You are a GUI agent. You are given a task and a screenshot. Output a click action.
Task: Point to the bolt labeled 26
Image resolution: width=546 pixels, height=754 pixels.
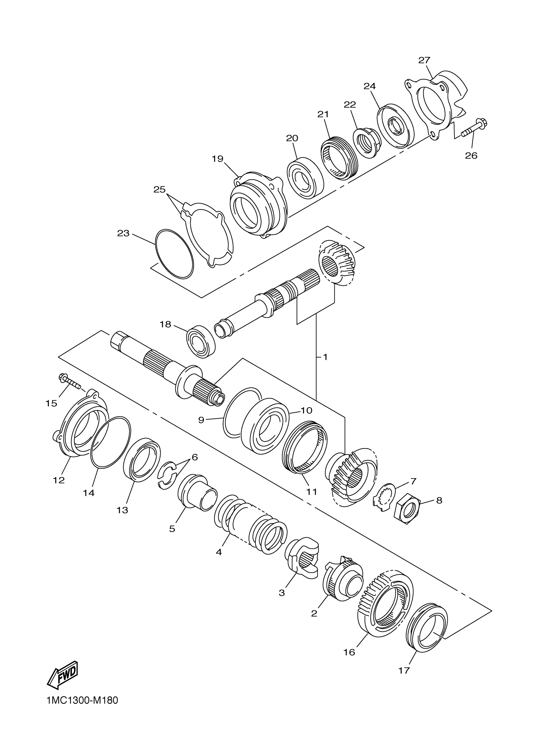[x=472, y=129]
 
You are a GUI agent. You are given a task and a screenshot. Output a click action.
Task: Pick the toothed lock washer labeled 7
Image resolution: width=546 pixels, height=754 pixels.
[x=384, y=496]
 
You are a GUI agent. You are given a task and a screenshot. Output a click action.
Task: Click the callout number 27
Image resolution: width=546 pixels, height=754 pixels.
[x=424, y=60]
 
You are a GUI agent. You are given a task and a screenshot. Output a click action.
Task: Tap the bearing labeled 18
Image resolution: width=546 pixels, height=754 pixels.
[x=201, y=342]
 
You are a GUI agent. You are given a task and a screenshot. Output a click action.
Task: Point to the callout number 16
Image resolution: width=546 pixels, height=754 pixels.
[x=349, y=652]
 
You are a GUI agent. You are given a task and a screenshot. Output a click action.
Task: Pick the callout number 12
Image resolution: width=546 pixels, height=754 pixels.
[x=59, y=480]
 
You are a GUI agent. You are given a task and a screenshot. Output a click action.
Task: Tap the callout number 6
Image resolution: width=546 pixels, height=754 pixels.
[x=194, y=457]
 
